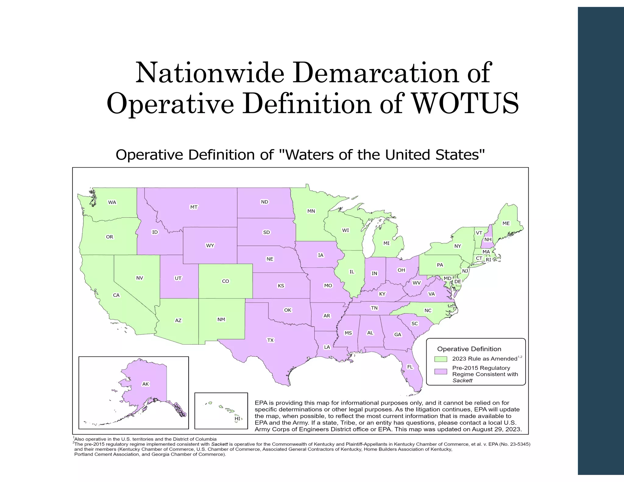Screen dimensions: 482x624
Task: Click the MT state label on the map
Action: point(194,207)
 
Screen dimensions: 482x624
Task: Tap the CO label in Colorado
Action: point(225,281)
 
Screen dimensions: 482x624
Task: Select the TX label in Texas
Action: point(270,340)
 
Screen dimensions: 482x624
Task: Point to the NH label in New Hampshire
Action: point(488,240)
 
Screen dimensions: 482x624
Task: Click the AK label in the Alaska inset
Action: point(146,384)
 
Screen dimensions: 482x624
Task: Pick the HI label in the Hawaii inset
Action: point(237,419)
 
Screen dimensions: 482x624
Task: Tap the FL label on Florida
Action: point(410,367)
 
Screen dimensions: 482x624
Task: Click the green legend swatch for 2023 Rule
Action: point(441,359)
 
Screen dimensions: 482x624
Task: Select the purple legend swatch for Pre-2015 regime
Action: point(441,371)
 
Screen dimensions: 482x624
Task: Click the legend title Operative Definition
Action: point(469,349)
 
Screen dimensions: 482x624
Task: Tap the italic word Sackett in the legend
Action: point(462,381)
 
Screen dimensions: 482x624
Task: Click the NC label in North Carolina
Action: point(428,310)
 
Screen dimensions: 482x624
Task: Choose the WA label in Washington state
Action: point(112,202)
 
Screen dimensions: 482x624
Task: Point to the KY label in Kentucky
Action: point(382,294)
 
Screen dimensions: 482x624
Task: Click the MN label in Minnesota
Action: point(311,211)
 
